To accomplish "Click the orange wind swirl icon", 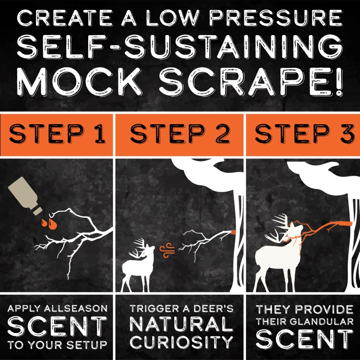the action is [167, 250].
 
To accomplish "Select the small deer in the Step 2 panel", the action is [138, 266].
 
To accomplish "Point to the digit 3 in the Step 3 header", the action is [347, 134].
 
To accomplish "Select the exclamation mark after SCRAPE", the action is [338, 82].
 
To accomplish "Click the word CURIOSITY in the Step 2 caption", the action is [182, 342].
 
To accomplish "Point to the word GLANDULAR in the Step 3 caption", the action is [322, 321].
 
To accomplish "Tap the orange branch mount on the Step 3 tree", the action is [345, 223].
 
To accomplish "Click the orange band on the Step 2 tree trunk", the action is [233, 233].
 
